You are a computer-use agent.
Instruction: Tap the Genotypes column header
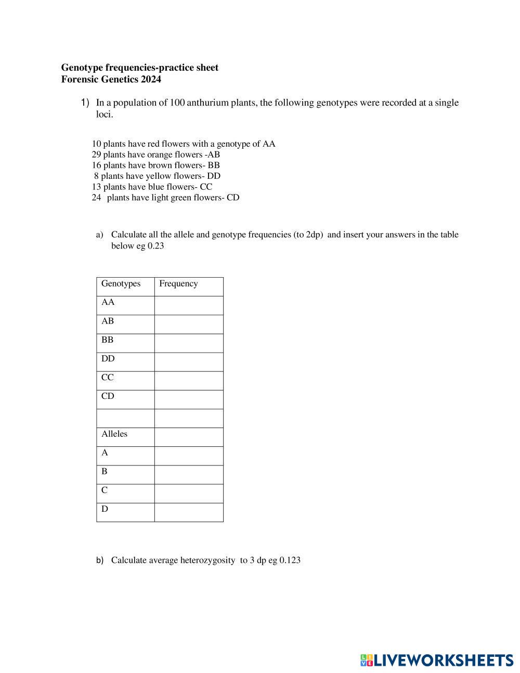point(121,283)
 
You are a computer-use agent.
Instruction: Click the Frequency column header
point(178,283)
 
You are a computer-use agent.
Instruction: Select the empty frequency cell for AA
point(189,305)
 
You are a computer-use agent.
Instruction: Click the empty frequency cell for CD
point(189,399)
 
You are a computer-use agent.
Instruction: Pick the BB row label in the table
point(107,340)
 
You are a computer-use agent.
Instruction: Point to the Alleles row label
point(114,434)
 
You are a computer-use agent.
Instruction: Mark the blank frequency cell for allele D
point(189,512)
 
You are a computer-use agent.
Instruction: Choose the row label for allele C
point(105,490)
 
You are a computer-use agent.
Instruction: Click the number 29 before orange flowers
point(96,154)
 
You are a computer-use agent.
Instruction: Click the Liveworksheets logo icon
point(366,661)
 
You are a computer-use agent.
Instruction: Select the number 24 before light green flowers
point(96,198)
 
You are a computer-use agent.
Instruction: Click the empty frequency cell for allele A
point(189,456)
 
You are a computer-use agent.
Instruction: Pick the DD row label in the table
point(108,358)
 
